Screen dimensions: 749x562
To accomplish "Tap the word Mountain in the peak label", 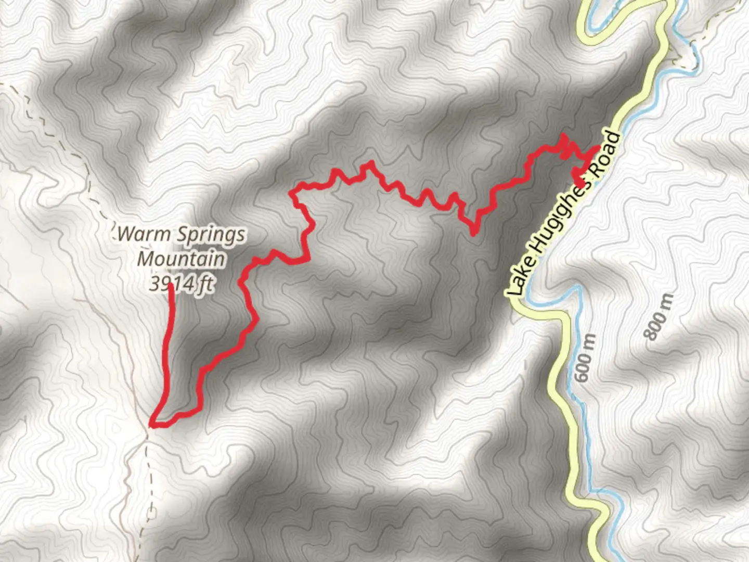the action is pos(181,259).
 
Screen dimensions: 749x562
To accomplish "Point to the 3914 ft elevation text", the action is pos(181,284).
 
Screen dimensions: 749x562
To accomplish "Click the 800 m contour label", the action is pos(659,316).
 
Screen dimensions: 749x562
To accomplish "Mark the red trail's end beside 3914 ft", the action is pos(171,286).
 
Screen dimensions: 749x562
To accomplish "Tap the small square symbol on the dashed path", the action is pos(152,513).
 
